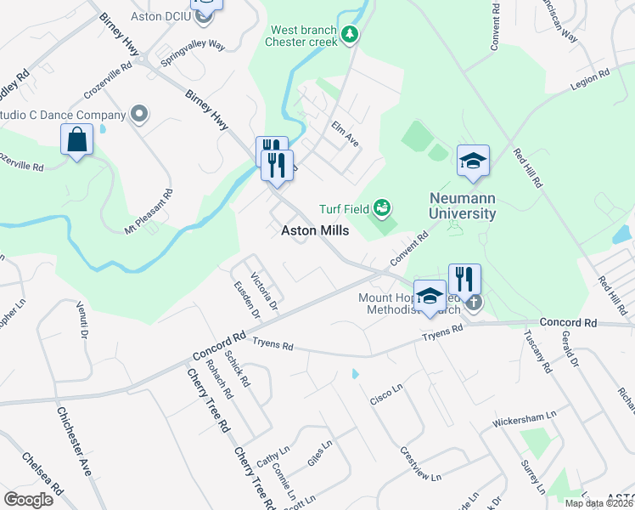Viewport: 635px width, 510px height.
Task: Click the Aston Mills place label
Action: tap(314, 230)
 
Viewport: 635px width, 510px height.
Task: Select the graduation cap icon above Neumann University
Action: tap(474, 161)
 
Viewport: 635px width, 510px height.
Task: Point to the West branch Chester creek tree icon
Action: tap(350, 33)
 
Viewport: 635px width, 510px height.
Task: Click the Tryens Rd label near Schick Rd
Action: tap(273, 346)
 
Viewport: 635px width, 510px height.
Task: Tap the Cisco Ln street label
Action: tap(385, 394)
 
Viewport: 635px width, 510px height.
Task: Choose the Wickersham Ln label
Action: tap(524, 419)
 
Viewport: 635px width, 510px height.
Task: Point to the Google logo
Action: tap(28, 500)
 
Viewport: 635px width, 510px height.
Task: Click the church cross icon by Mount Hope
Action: tap(474, 301)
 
